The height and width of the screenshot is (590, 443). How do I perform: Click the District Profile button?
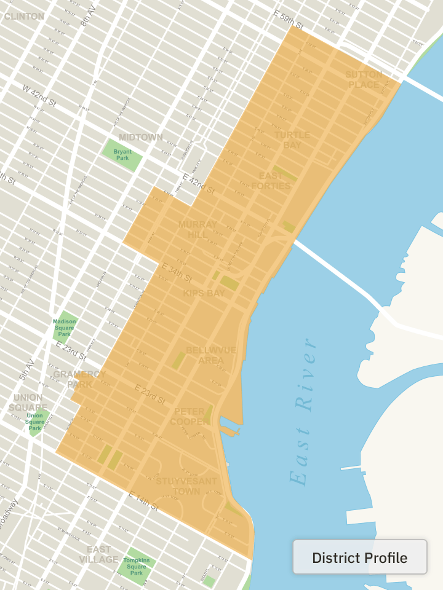(x=360, y=557)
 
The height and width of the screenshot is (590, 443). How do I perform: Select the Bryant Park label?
(x=122, y=154)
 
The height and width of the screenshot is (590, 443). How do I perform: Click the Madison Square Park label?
(x=64, y=328)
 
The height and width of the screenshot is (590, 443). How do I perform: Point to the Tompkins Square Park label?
(x=136, y=567)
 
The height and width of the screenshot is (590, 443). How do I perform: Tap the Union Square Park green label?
(x=35, y=421)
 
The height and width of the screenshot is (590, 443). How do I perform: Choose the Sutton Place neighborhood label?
(x=364, y=79)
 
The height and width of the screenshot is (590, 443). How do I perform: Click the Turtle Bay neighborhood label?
(x=292, y=140)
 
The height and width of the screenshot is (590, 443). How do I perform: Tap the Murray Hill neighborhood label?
(x=198, y=230)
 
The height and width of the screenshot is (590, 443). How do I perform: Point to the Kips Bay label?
(x=204, y=293)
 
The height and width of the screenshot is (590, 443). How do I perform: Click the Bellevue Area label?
(x=211, y=355)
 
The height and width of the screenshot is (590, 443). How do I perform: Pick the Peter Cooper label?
(x=191, y=416)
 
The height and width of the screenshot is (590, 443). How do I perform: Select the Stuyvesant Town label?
(x=186, y=486)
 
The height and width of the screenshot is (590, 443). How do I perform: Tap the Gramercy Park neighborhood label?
(x=79, y=379)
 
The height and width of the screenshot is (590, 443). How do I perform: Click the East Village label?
(x=98, y=554)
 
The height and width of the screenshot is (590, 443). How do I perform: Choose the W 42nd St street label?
(x=39, y=95)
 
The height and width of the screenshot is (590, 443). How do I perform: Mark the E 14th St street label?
(x=143, y=501)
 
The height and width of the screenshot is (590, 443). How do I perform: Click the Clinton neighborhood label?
(x=24, y=16)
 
